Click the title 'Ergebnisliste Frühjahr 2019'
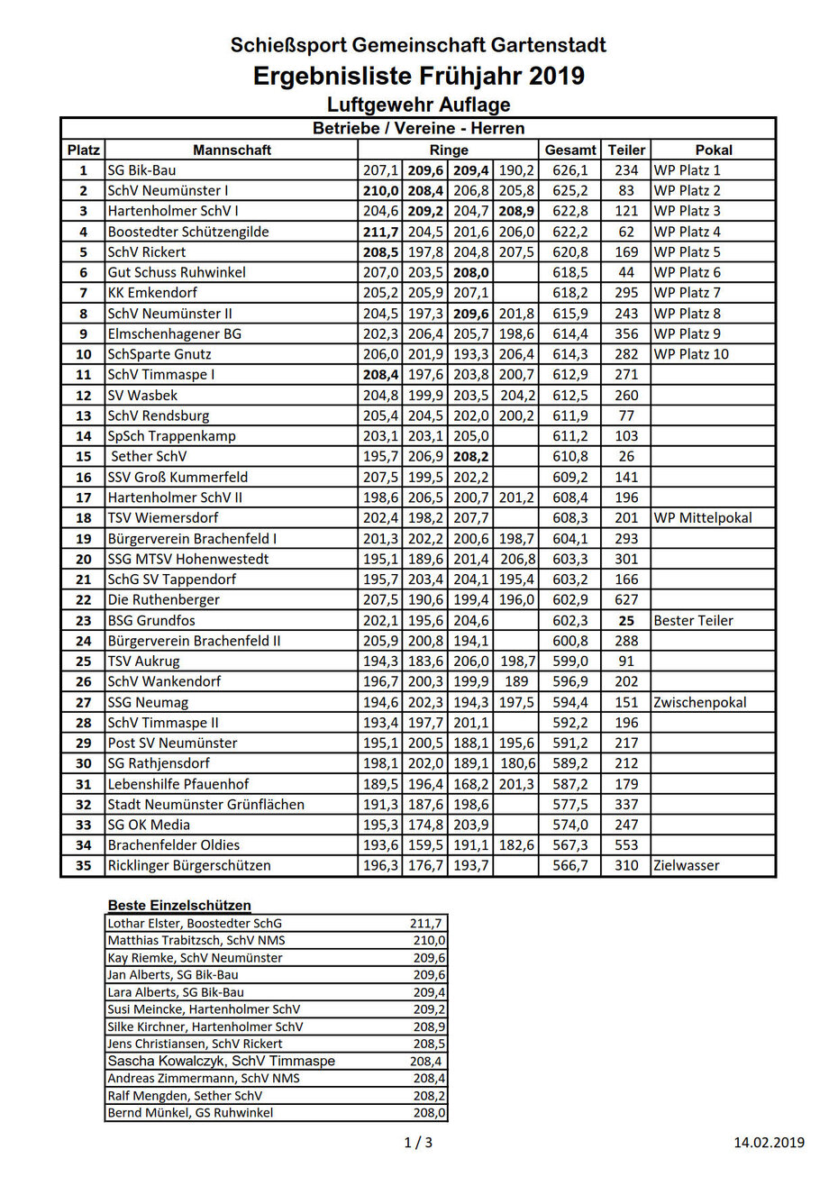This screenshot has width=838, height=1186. (x=418, y=76)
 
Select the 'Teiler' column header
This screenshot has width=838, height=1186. (x=626, y=150)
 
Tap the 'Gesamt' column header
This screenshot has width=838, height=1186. (x=570, y=150)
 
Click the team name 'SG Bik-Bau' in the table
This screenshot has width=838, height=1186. (x=141, y=170)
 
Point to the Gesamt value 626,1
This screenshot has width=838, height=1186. (x=570, y=170)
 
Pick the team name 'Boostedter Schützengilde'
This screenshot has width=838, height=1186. (x=187, y=232)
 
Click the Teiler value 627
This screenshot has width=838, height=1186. (x=626, y=599)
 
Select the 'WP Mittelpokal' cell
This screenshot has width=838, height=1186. (x=703, y=517)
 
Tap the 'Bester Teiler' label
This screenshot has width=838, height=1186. (x=693, y=620)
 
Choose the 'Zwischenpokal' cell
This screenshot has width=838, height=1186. (x=700, y=702)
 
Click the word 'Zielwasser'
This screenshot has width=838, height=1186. (x=687, y=865)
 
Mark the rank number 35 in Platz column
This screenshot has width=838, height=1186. (x=84, y=865)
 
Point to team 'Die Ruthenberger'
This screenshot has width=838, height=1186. (x=163, y=599)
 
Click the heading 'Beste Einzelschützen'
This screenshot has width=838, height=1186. (x=179, y=905)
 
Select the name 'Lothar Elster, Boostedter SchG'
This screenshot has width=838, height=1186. (x=195, y=923)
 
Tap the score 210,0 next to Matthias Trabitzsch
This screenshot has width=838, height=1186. (x=428, y=940)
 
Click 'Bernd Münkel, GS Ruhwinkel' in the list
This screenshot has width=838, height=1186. (x=189, y=1112)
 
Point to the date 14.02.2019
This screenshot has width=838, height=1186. (x=769, y=1143)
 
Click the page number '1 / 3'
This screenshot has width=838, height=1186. (x=418, y=1143)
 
